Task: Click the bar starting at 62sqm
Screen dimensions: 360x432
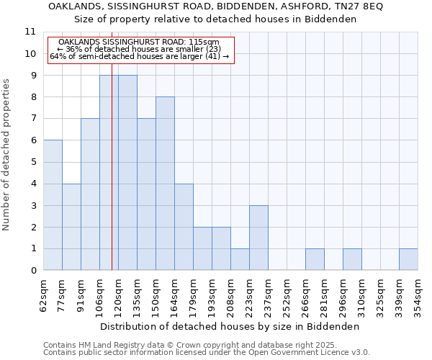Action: (53, 205)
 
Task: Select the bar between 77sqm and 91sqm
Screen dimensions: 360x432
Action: (71, 227)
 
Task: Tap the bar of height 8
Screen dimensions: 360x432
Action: (165, 184)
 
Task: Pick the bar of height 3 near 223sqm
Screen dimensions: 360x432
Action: (258, 238)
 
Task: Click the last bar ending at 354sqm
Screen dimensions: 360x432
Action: (408, 260)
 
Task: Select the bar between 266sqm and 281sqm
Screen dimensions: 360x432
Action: (315, 260)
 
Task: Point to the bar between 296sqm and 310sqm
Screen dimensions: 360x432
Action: (352, 260)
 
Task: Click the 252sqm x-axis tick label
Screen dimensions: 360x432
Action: (287, 294)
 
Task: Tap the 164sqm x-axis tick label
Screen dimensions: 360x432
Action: (174, 294)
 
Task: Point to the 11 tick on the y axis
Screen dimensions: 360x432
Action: (30, 32)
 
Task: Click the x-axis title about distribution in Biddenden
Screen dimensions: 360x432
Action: (230, 326)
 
